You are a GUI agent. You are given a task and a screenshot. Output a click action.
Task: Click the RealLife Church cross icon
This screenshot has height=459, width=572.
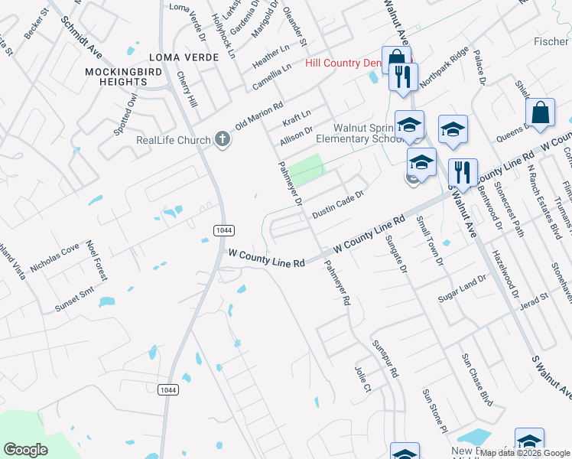(222, 138)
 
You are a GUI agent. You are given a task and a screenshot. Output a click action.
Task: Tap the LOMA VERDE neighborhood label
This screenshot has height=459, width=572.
(179, 57)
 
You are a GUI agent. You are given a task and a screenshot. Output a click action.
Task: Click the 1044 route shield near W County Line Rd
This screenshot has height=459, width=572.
(223, 230)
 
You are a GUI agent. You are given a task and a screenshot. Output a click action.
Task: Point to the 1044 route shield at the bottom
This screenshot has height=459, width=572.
(170, 390)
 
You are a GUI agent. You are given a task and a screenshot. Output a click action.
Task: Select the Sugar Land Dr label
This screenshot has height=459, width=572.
(462, 288)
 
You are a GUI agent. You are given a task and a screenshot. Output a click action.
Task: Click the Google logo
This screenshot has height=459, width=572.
(25, 450)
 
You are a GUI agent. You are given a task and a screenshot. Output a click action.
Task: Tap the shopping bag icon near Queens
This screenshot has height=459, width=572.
(540, 112)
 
